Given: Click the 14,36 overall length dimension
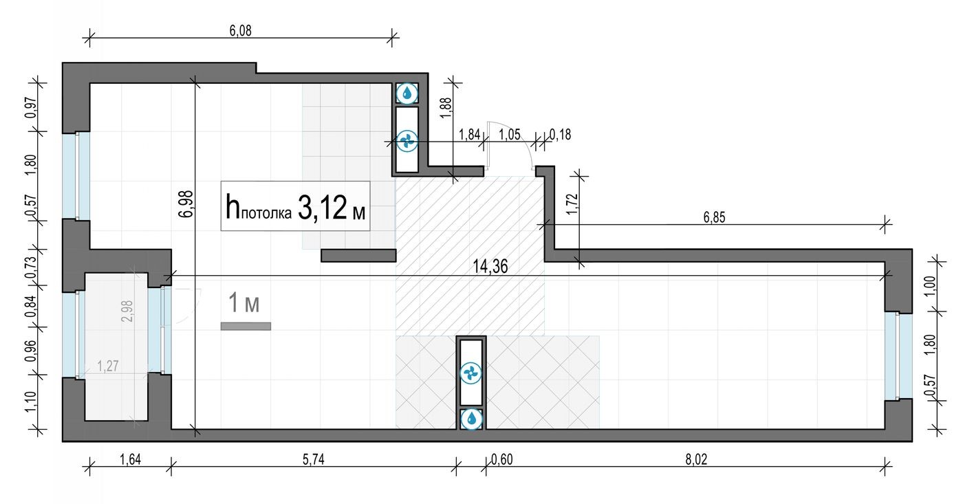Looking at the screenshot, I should pos(490,267).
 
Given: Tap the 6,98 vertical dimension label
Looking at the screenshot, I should pos(184,204).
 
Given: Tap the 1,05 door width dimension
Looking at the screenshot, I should pos(509,135).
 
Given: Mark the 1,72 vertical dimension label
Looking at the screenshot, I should pos(570,205).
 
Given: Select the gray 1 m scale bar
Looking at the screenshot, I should pos(246,326).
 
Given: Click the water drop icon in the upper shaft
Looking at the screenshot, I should pos(407,92).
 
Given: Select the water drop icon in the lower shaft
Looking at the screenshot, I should pos(472,417).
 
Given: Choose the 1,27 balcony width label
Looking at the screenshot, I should pos(107,366).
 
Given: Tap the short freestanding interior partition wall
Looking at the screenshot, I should pos(358,256).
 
